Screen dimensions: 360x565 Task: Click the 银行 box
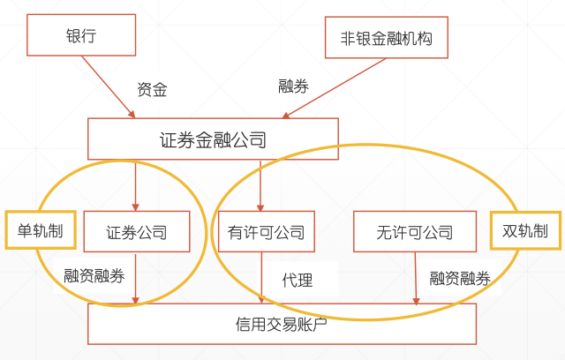coord(81,37)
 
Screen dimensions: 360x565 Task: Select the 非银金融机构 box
coord(386,37)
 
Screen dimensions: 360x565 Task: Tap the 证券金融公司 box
coord(213,139)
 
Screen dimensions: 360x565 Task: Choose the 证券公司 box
coord(136,233)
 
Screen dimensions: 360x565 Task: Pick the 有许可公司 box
coord(260,233)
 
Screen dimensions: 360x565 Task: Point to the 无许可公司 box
coord(415,233)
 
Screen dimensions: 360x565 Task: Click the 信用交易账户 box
coord(282,324)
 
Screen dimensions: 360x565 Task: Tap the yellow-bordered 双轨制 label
coord(525,231)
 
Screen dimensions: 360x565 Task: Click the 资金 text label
coord(152,89)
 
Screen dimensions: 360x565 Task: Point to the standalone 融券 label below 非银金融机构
coord(293,86)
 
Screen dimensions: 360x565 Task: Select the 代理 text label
coord(298,280)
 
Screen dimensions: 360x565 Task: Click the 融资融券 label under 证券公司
coord(94,275)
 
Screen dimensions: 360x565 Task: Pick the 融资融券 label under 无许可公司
coord(460,278)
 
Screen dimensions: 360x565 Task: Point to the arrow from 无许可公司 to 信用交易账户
coord(415,280)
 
